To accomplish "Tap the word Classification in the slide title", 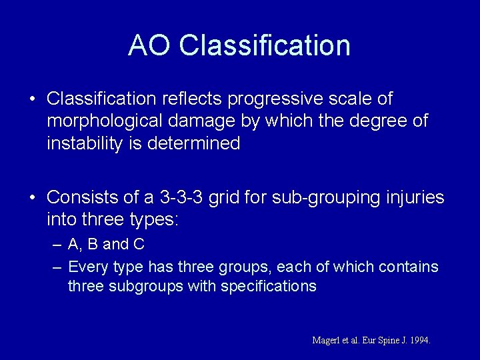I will click(x=265, y=45).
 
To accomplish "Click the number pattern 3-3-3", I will click(x=181, y=197).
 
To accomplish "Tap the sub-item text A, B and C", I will click(x=107, y=245).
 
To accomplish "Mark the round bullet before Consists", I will click(x=32, y=198).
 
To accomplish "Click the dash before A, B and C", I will click(x=57, y=245).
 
